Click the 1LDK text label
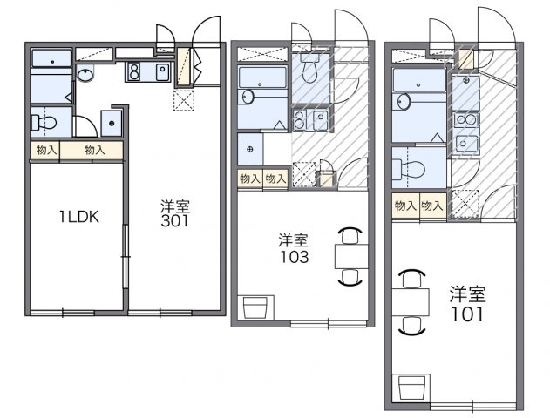79,217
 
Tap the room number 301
174,221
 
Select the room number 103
294,257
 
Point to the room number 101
467,314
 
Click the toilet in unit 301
44,123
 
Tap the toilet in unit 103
309,68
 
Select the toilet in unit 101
408,169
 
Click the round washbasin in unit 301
85,75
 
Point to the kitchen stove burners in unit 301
133,71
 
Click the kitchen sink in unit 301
162,71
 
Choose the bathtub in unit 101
419,80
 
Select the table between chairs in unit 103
351,257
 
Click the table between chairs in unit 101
411,301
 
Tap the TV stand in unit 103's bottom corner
255,307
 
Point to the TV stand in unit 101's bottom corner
411,388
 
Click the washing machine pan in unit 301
112,123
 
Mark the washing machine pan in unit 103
250,149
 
